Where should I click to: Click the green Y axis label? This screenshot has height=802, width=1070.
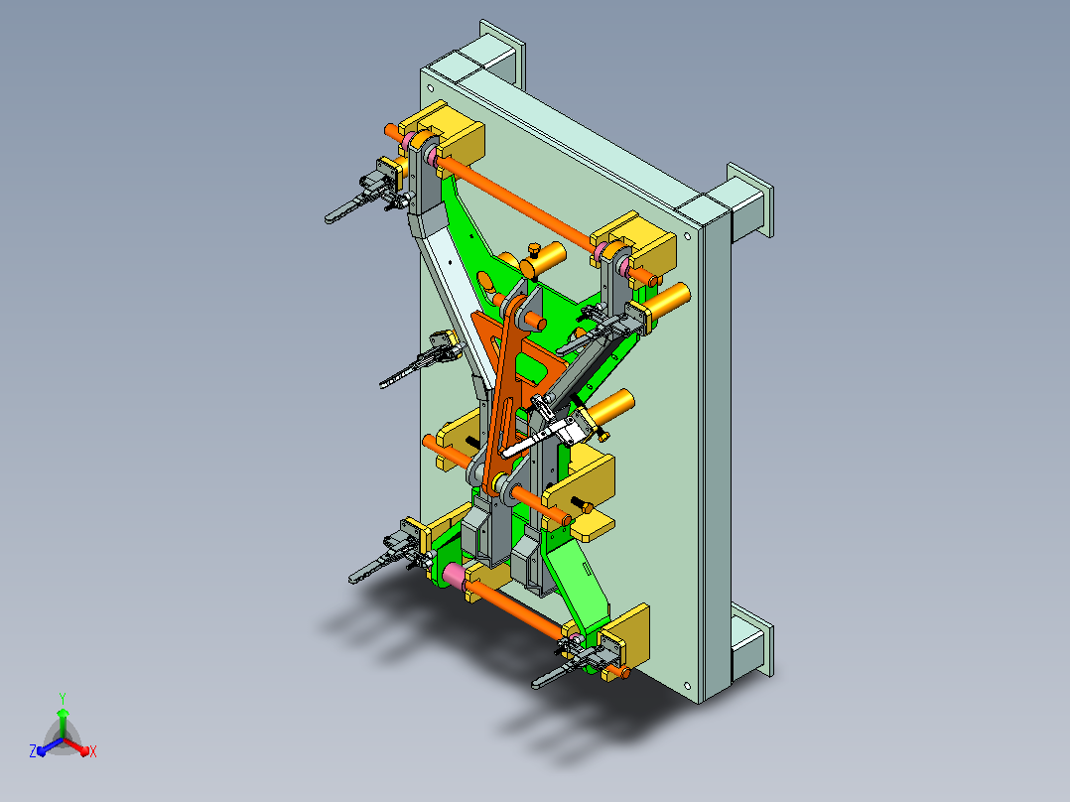(x=63, y=698)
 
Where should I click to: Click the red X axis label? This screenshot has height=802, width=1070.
(x=93, y=751)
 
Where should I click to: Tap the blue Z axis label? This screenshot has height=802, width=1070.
(x=32, y=750)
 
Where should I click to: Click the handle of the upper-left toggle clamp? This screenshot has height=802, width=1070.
(x=348, y=209)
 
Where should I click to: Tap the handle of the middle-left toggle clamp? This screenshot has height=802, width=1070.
(x=406, y=372)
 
